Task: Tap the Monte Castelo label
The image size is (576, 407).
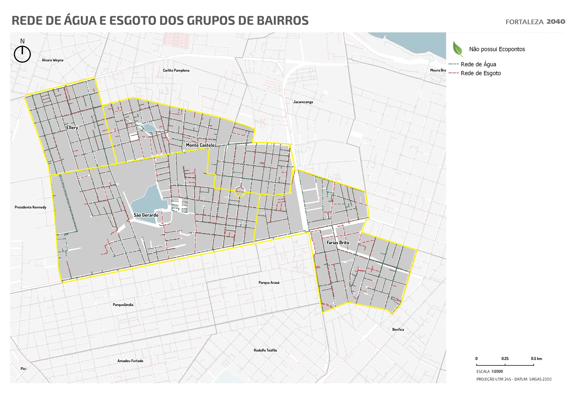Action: [x=200, y=145]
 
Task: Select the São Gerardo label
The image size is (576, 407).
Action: [x=146, y=215]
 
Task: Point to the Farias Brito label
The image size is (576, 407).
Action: [x=338, y=243]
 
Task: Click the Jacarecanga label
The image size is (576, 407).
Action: [x=303, y=102]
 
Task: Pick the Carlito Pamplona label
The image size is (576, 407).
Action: [x=176, y=71]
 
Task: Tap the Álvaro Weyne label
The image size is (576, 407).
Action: [x=52, y=60]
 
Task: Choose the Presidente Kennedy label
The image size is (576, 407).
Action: [x=30, y=207]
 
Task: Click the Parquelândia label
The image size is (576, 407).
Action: [x=123, y=305]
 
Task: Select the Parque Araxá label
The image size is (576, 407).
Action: [x=269, y=283]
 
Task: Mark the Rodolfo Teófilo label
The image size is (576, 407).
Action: [x=265, y=350]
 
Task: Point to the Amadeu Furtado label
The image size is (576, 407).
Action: [x=130, y=361]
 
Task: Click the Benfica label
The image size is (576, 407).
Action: [x=398, y=330]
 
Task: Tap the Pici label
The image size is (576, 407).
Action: [x=23, y=369]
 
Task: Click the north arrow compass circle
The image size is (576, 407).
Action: [x=22, y=54]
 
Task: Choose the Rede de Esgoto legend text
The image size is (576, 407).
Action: [x=480, y=73]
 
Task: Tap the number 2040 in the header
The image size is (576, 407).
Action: [x=556, y=22]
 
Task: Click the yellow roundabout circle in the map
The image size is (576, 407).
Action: [x=240, y=192]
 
